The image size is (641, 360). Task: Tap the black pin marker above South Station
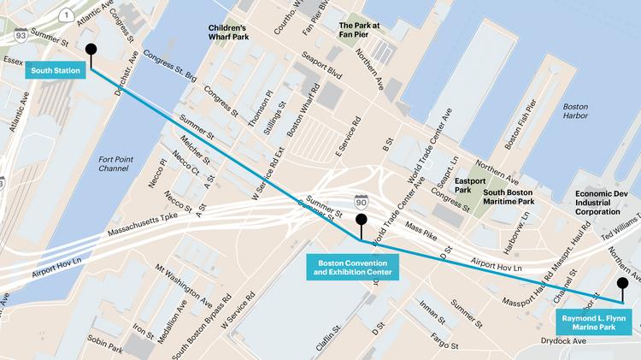click(x=91, y=50)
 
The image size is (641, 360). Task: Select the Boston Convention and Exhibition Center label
click(x=354, y=267)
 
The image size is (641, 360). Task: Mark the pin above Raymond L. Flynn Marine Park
click(x=623, y=283)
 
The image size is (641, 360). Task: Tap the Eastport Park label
click(x=469, y=186)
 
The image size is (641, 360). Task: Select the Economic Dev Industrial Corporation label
click(x=609, y=202)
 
